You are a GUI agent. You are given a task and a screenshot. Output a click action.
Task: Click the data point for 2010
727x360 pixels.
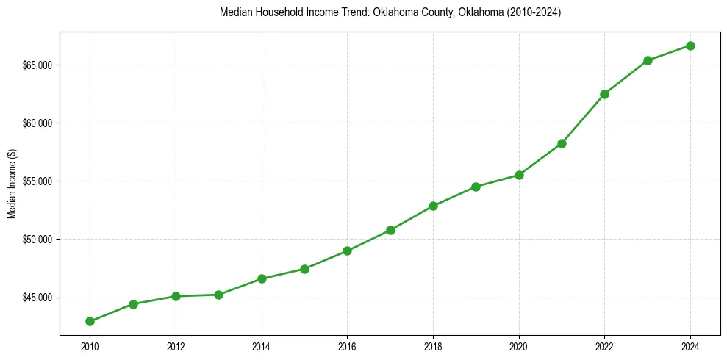(90, 321)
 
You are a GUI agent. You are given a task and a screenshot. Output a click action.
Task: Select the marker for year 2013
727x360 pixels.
(218, 295)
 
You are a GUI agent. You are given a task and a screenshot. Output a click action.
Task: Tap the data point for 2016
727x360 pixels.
(347, 251)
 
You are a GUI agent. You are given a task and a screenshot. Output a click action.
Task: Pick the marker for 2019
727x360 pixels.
(476, 187)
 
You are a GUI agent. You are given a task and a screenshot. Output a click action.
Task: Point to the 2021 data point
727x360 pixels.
(562, 143)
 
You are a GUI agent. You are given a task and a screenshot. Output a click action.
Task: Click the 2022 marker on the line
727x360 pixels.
(604, 94)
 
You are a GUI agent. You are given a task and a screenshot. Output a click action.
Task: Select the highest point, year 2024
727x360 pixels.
(690, 46)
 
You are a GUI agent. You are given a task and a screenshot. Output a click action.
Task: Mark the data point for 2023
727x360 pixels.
(648, 60)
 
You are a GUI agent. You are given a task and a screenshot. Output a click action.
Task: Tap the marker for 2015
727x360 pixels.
(304, 269)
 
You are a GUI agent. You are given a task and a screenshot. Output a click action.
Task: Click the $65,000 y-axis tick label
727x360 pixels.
(37, 65)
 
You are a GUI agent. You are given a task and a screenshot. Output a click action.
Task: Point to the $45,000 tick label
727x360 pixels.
(37, 298)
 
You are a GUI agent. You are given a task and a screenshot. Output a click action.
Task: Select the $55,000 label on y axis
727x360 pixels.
(37, 181)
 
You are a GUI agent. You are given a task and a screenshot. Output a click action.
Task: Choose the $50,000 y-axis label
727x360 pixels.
(37, 240)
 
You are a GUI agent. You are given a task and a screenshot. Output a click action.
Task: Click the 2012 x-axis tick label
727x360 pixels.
(176, 346)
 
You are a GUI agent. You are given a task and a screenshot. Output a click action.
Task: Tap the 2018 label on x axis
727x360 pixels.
(433, 346)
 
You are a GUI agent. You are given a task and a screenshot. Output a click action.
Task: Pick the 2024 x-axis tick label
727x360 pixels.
(690, 346)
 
